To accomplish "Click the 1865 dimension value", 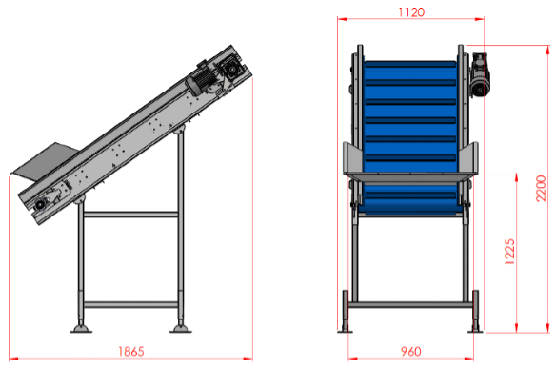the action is [x=130, y=351].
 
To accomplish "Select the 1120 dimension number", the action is [x=411, y=12].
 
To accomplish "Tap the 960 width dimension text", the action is [x=411, y=351].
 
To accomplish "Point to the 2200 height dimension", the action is [x=541, y=188].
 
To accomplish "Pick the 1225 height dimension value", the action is [x=509, y=252].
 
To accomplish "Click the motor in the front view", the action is [x=480, y=74].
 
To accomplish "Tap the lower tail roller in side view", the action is [x=39, y=204].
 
